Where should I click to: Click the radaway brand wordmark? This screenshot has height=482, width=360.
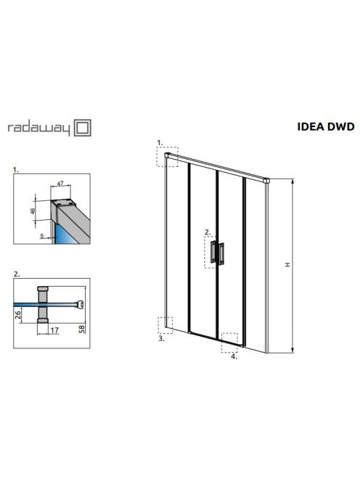[x=38, y=128]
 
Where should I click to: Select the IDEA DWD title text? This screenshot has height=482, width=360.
[x=326, y=126]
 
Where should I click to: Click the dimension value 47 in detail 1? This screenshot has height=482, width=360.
[x=60, y=183]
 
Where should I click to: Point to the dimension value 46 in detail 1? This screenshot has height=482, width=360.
[x=33, y=211]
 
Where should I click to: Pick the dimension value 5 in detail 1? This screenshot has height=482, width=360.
[x=42, y=236]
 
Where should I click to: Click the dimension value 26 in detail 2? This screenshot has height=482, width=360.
[x=18, y=314]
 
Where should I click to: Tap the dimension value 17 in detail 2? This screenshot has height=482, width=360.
[x=54, y=330]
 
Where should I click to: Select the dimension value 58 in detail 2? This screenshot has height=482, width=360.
[x=82, y=330]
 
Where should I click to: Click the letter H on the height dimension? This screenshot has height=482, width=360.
[x=287, y=264]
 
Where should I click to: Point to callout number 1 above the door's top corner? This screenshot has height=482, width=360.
[x=160, y=142]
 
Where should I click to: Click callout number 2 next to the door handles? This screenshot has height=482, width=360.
[x=208, y=232]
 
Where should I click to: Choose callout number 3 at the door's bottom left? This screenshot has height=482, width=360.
[x=161, y=338]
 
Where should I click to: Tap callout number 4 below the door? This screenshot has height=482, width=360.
[x=234, y=356]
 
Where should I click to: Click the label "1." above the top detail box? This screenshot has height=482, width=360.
[x=16, y=170]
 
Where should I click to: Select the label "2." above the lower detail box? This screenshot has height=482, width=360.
[x=17, y=274]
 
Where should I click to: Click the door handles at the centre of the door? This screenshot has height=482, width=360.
[x=217, y=253]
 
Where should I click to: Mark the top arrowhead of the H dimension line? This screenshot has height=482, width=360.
[x=292, y=181]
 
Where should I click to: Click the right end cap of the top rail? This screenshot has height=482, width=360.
[x=266, y=181]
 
